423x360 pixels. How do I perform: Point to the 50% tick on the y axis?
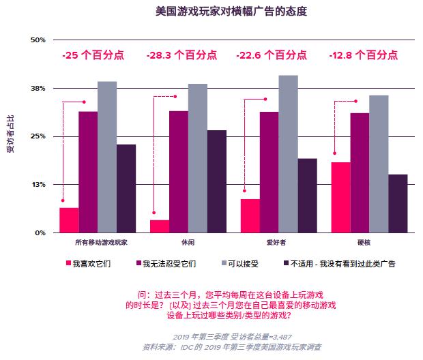37,40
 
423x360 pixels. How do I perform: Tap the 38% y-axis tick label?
37,89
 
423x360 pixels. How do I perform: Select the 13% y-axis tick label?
37,185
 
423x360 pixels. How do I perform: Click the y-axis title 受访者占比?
10,136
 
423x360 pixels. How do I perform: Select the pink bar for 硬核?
341,198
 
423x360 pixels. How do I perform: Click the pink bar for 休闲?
160,226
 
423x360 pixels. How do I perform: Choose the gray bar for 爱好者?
289,154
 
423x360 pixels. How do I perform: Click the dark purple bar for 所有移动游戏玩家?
126,189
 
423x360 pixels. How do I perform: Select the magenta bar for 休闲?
179,172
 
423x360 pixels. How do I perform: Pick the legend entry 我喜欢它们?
89,263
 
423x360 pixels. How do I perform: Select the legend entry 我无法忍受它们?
166,263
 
